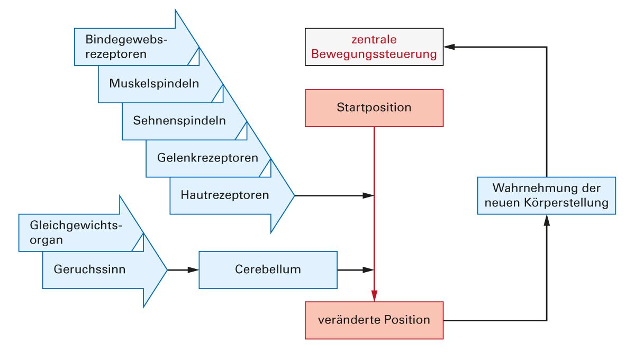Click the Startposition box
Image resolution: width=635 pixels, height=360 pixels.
[374, 108]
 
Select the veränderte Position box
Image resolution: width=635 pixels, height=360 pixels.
[374, 320]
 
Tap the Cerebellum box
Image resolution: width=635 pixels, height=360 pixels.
[268, 269]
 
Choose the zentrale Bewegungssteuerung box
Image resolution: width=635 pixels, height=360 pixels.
[374, 47]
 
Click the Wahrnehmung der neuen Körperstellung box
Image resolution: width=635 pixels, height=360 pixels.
[546, 195]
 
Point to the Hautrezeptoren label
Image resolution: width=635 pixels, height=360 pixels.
[225, 195]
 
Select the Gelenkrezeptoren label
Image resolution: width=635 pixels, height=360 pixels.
[207, 158]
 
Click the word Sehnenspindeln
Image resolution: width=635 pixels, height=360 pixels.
[179, 121]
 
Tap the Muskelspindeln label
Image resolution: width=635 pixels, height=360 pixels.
[154, 84]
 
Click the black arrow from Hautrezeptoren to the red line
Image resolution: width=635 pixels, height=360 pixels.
[333, 195]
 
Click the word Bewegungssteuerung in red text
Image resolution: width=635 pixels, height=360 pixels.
[374, 54]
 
